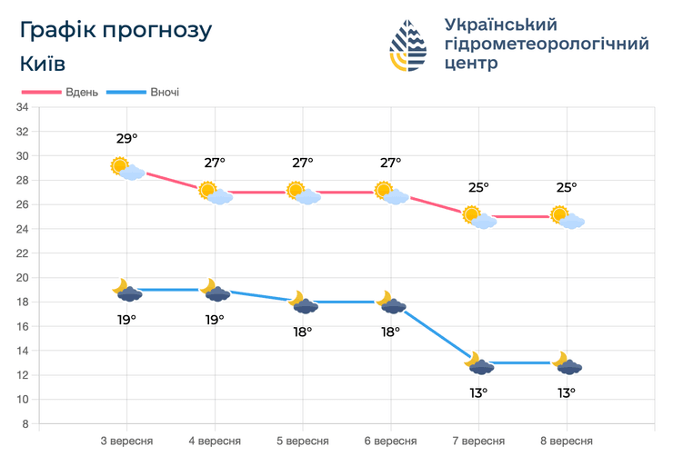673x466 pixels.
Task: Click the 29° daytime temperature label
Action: point(126,139)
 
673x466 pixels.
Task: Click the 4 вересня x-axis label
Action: point(215,441)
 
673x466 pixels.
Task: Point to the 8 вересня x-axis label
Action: point(567,441)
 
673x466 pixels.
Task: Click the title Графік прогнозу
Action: point(116,30)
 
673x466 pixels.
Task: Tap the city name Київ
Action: point(42,64)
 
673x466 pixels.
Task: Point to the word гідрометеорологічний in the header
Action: point(546,45)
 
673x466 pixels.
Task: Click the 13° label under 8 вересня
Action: point(567,392)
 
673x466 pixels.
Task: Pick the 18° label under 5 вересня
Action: point(303,332)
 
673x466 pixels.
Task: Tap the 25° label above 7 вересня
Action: point(478,187)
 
